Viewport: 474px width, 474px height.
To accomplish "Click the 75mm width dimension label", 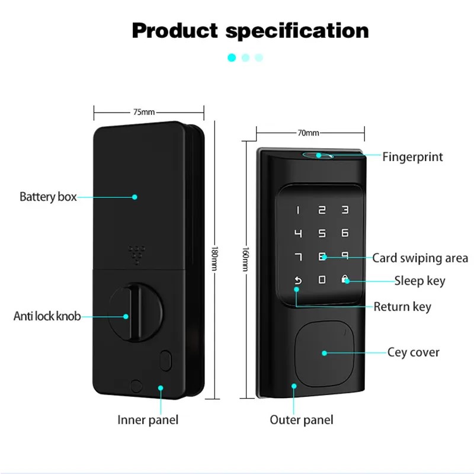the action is click(x=144, y=112).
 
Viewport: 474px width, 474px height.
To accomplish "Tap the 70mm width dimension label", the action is click(x=308, y=133).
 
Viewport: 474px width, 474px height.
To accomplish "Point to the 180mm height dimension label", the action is click(x=214, y=258).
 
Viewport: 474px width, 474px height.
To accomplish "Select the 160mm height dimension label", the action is click(x=245, y=259).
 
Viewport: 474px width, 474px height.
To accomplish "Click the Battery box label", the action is click(x=48, y=197).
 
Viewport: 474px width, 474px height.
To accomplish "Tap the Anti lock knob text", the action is click(x=47, y=316).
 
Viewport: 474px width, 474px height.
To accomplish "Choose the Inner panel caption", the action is click(x=148, y=420).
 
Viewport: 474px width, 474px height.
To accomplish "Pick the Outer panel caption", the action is click(x=302, y=420).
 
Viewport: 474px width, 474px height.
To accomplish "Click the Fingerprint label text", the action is click(x=412, y=157).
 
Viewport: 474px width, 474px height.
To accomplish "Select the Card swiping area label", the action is click(x=420, y=258).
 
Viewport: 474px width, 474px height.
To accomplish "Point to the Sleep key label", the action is click(x=420, y=281).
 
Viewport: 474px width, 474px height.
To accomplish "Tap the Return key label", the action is click(x=402, y=307).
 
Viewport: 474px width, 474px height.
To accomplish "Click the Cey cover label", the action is click(x=413, y=353).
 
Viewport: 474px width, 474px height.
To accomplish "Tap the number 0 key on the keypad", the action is click(x=322, y=280).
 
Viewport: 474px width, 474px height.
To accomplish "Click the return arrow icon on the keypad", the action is click(x=298, y=280).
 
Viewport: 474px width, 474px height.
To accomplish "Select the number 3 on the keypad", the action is click(x=345, y=210).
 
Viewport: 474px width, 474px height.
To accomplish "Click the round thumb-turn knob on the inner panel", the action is click(x=135, y=312).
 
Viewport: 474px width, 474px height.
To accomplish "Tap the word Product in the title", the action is click(x=175, y=31).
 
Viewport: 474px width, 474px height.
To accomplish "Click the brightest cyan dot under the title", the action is click(x=232, y=57).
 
